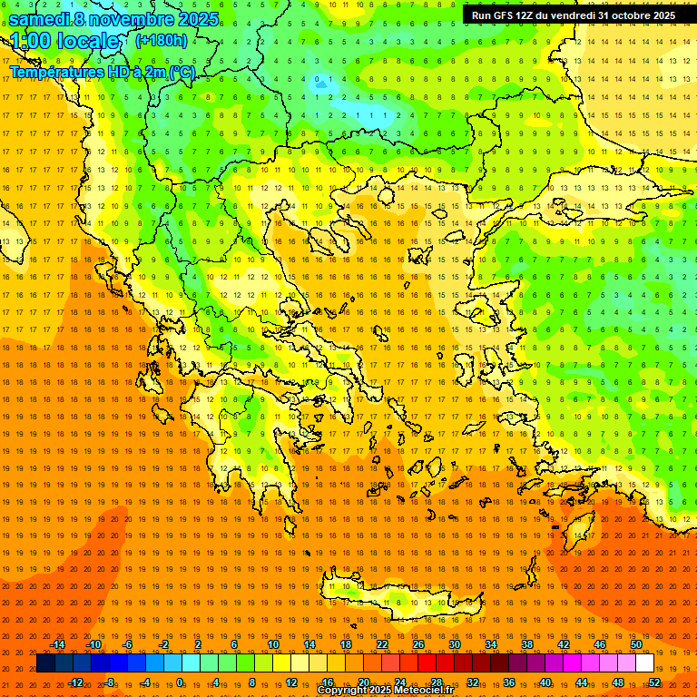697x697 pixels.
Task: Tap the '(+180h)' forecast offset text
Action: click(x=162, y=41)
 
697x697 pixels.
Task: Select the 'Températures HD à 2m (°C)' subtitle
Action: click(x=102, y=72)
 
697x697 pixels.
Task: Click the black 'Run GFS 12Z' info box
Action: click(x=573, y=15)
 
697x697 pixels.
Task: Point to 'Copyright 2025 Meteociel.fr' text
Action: click(x=386, y=691)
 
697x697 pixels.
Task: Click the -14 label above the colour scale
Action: click(x=57, y=644)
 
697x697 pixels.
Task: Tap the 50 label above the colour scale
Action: click(x=636, y=644)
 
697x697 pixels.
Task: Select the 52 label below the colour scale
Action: click(x=654, y=682)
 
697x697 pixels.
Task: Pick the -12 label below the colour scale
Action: click(x=75, y=682)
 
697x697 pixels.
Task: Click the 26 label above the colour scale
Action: click(x=418, y=644)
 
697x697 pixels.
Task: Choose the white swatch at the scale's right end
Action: click(x=644, y=663)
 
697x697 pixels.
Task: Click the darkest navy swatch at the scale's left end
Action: click(x=45, y=663)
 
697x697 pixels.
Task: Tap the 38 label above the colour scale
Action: click(x=527, y=644)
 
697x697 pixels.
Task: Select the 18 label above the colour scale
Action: click(x=346, y=644)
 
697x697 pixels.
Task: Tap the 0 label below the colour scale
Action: click(x=180, y=682)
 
